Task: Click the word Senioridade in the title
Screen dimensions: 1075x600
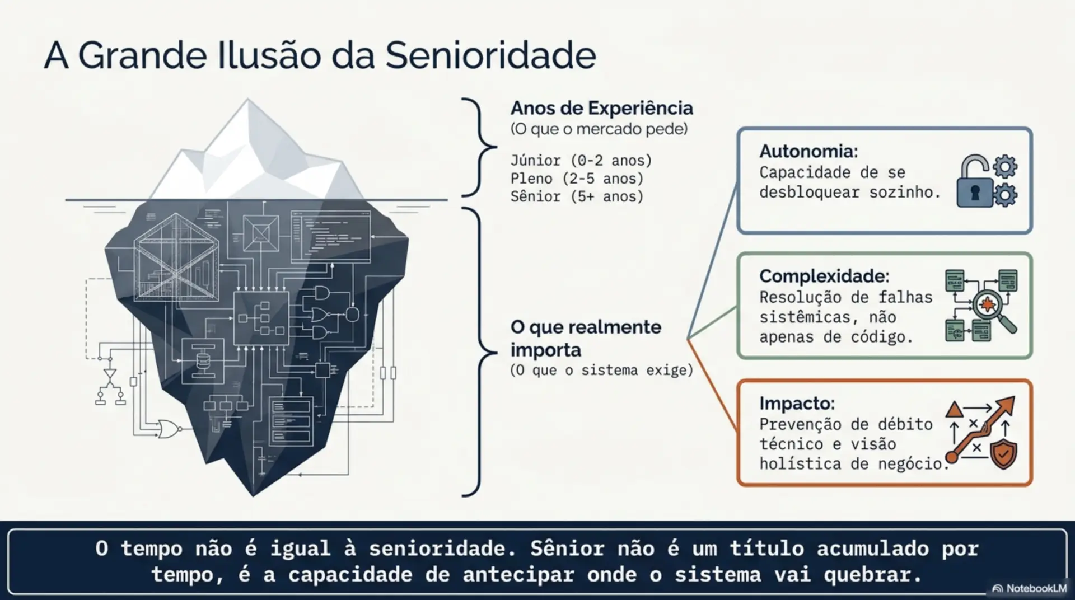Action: pyautogui.click(x=490, y=55)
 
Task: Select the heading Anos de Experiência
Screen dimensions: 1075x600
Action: pyautogui.click(x=601, y=107)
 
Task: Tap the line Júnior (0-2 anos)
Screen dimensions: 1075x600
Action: pyautogui.click(x=581, y=161)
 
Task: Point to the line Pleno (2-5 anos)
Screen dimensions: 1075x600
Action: pyautogui.click(x=577, y=179)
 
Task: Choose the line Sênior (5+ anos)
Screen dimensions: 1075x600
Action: pyautogui.click(x=577, y=196)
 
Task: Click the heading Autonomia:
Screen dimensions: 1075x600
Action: pyautogui.click(x=808, y=151)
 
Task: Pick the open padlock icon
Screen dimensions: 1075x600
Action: pyautogui.click(x=974, y=181)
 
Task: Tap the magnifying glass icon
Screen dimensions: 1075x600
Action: pyautogui.click(x=994, y=311)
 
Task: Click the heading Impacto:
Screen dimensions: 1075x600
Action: pyautogui.click(x=797, y=403)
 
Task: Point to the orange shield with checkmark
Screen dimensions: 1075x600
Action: pyautogui.click(x=1003, y=454)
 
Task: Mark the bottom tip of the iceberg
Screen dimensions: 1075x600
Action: pyautogui.click(x=253, y=496)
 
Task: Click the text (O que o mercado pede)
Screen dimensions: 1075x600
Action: pyautogui.click(x=599, y=129)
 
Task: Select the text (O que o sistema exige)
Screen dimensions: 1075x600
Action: pyautogui.click(x=601, y=371)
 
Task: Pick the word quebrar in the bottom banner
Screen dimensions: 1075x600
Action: pyautogui.click(x=868, y=575)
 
